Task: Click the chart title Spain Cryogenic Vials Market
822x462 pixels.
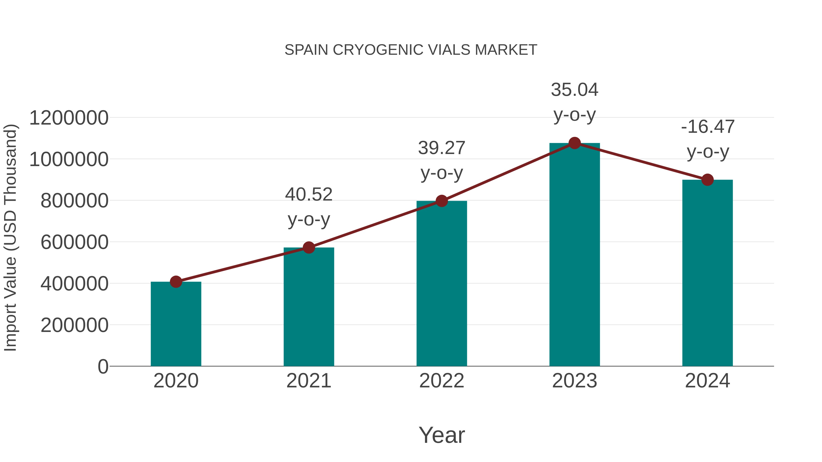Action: pyautogui.click(x=411, y=50)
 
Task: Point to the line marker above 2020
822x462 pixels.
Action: pyautogui.click(x=176, y=282)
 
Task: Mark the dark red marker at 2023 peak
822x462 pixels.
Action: pyautogui.click(x=574, y=143)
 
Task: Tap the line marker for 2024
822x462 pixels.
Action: pyautogui.click(x=707, y=180)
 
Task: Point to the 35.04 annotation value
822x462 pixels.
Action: pyautogui.click(x=574, y=90)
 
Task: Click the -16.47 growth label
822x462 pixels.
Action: pyautogui.click(x=707, y=127)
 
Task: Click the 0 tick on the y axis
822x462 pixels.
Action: pyautogui.click(x=103, y=366)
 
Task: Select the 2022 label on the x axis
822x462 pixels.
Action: pyautogui.click(x=441, y=381)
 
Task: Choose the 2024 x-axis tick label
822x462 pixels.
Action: pyautogui.click(x=707, y=381)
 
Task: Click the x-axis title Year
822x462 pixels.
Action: pyautogui.click(x=442, y=435)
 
